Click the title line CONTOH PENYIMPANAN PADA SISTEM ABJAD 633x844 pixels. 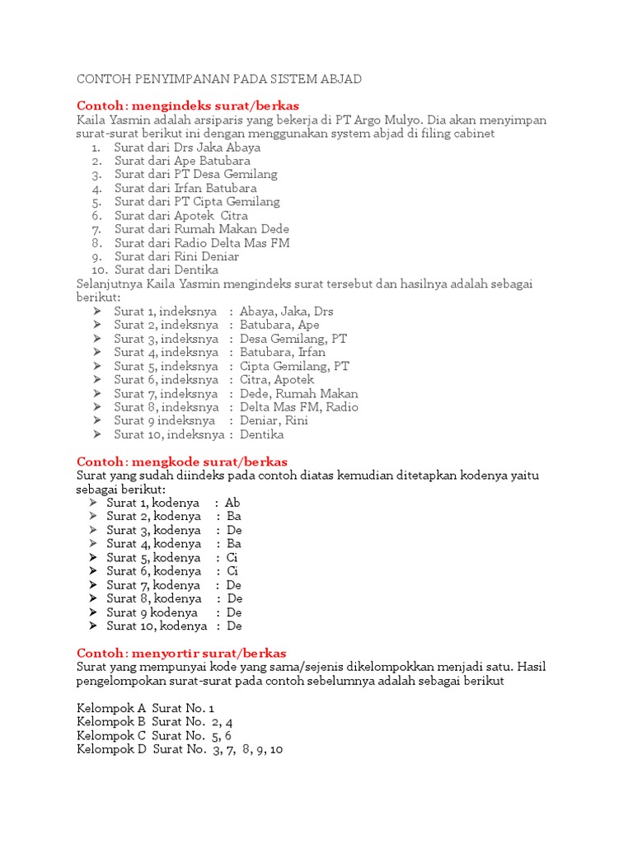219,79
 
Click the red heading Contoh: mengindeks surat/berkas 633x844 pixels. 187,106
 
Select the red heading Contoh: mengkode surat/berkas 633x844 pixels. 181,462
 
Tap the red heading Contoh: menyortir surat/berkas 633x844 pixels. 181,653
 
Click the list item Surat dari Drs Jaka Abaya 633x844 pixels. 187,148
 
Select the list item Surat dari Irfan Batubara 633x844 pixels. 185,188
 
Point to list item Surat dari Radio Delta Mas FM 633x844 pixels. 202,243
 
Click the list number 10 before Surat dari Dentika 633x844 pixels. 99,270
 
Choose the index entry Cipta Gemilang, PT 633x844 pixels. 294,366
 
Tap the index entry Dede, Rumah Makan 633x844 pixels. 298,394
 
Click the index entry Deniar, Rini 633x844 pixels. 274,421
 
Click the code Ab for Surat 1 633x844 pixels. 232,503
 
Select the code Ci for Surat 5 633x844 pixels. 232,557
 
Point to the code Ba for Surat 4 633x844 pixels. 234,544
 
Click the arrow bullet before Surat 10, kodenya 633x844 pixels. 96,626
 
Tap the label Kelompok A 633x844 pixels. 111,708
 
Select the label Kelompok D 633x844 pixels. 111,749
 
